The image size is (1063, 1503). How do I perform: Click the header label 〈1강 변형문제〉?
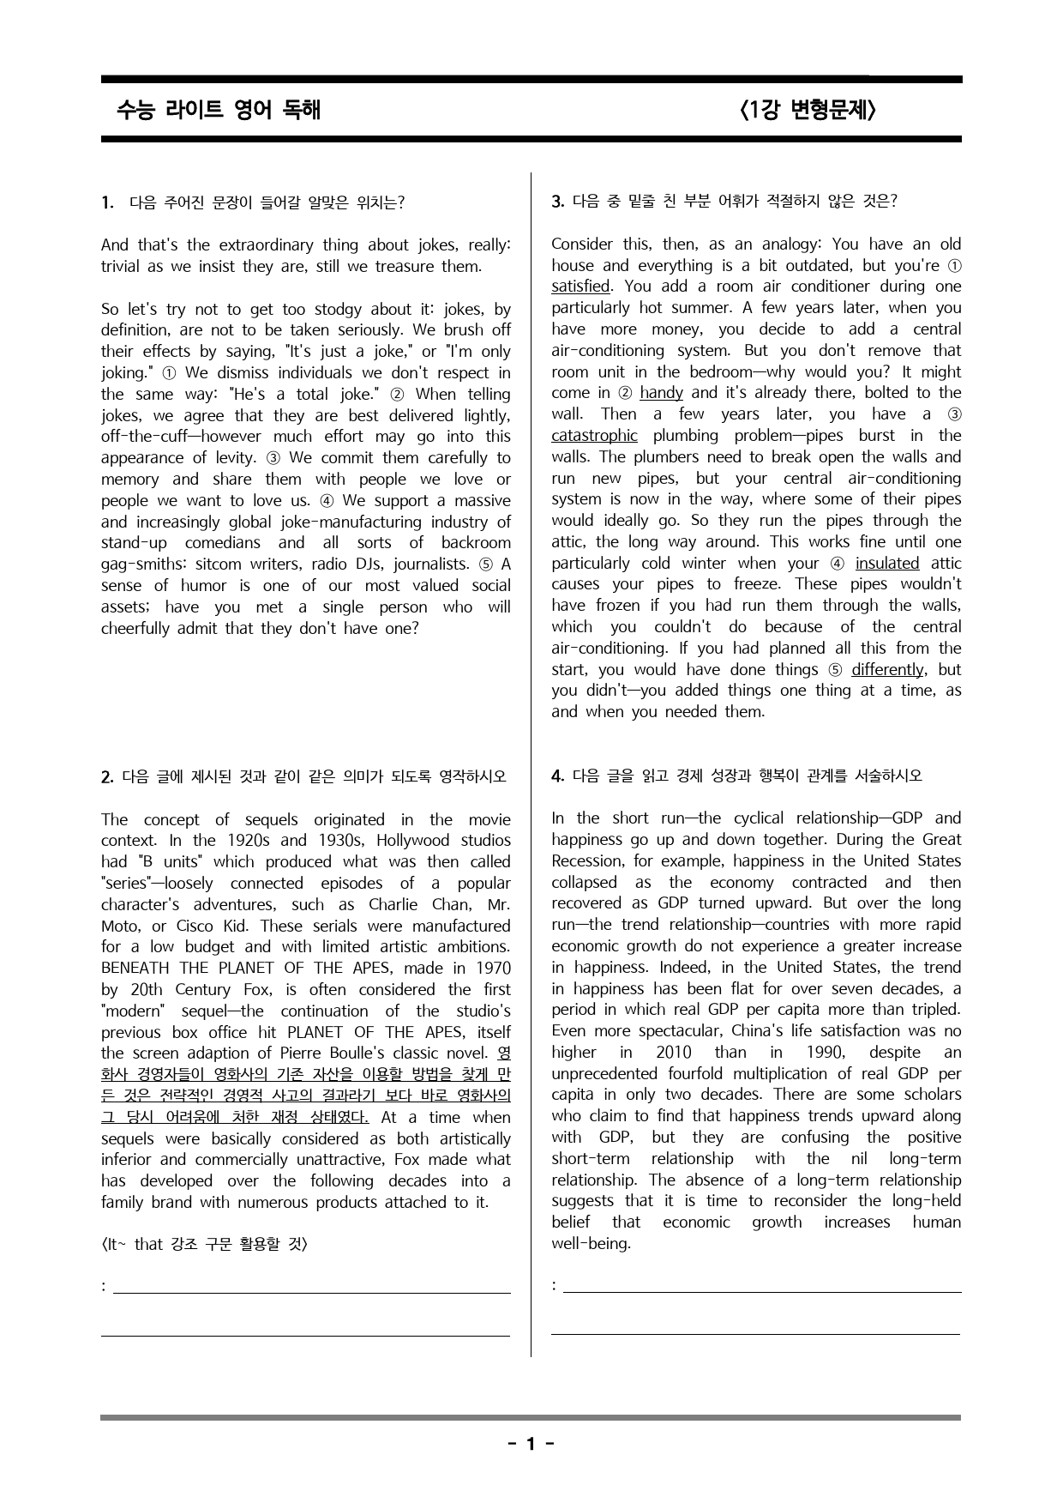(x=806, y=110)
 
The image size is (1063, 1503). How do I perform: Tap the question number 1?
(x=107, y=202)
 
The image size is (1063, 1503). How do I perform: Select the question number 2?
(x=107, y=777)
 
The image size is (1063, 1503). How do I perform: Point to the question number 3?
(x=557, y=202)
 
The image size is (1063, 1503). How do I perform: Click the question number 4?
(x=557, y=776)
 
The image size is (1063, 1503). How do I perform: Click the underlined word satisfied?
(x=580, y=287)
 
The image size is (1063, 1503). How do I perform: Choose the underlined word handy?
(x=661, y=393)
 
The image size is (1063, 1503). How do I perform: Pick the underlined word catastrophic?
(x=594, y=436)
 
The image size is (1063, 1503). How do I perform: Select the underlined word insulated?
(x=886, y=564)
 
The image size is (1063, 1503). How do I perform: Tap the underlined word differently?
(x=887, y=670)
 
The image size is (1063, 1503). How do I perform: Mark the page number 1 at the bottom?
(x=530, y=1444)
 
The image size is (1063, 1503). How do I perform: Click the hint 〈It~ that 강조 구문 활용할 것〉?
(x=204, y=1244)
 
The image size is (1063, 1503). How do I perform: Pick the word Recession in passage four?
(x=585, y=861)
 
